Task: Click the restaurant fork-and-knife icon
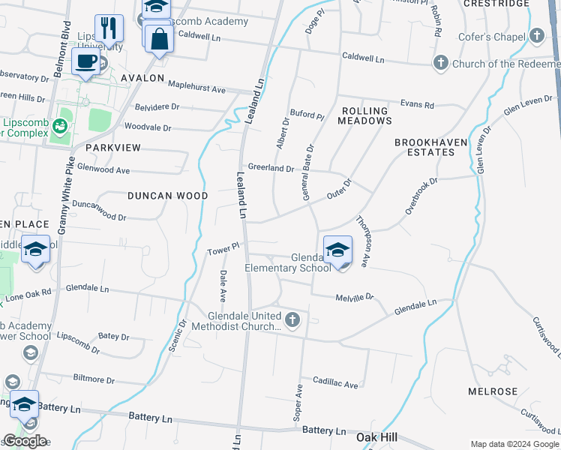pyautogui.click(x=109, y=29)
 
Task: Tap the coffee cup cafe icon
pyautogui.click(x=86, y=61)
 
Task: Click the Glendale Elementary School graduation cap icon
pyautogui.click(x=337, y=250)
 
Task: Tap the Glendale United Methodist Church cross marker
pyautogui.click(x=292, y=320)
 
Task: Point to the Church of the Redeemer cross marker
pyautogui.click(x=442, y=63)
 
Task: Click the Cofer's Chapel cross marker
pyautogui.click(x=536, y=35)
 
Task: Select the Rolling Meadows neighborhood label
pyautogui.click(x=365, y=115)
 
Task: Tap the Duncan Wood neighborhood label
pyautogui.click(x=167, y=196)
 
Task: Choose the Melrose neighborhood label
pyautogui.click(x=493, y=391)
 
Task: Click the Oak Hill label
pyautogui.click(x=376, y=436)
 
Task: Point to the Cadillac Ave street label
pyautogui.click(x=335, y=383)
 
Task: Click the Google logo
pyautogui.click(x=25, y=441)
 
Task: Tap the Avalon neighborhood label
pyautogui.click(x=139, y=78)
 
